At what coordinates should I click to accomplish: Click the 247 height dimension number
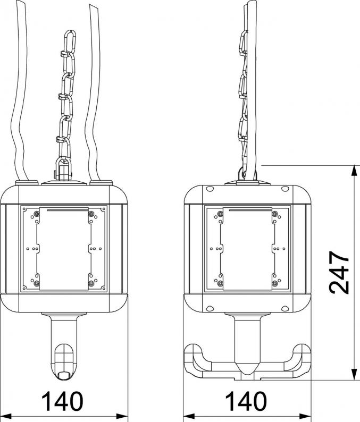click(339, 272)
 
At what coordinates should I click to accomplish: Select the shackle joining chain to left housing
click(64, 169)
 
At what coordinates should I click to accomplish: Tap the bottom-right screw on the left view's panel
click(91, 283)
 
